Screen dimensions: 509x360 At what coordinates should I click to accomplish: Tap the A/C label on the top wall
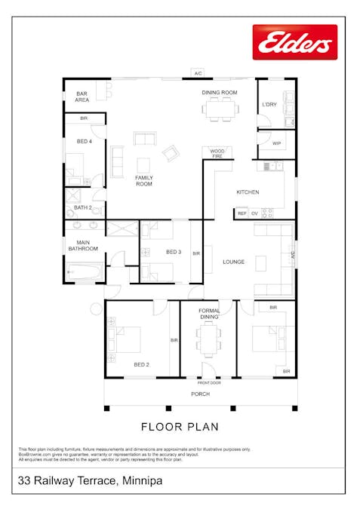(198, 74)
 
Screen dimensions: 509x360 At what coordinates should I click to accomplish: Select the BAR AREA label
(82, 97)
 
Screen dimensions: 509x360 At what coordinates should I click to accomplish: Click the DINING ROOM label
(219, 93)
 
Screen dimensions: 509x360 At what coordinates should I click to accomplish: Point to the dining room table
(220, 110)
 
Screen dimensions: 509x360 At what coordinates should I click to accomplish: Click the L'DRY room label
(269, 104)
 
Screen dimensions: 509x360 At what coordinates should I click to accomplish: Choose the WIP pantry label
(276, 143)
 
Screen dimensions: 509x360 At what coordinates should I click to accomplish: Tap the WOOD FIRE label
(217, 153)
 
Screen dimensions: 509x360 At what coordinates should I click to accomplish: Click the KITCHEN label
(248, 192)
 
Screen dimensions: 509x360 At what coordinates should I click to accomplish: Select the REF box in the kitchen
(242, 214)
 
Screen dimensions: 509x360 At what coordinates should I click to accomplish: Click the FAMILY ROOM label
(143, 180)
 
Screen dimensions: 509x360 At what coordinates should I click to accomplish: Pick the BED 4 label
(84, 141)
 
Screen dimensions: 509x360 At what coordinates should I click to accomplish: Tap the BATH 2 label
(82, 207)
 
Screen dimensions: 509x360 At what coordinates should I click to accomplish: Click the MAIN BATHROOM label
(83, 245)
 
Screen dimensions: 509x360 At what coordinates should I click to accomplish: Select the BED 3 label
(173, 252)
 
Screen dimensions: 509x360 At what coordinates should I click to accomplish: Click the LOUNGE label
(233, 262)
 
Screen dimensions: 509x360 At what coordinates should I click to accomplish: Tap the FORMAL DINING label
(209, 314)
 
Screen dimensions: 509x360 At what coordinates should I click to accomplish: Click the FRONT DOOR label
(209, 382)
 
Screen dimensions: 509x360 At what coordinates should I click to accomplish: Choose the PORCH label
(201, 394)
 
